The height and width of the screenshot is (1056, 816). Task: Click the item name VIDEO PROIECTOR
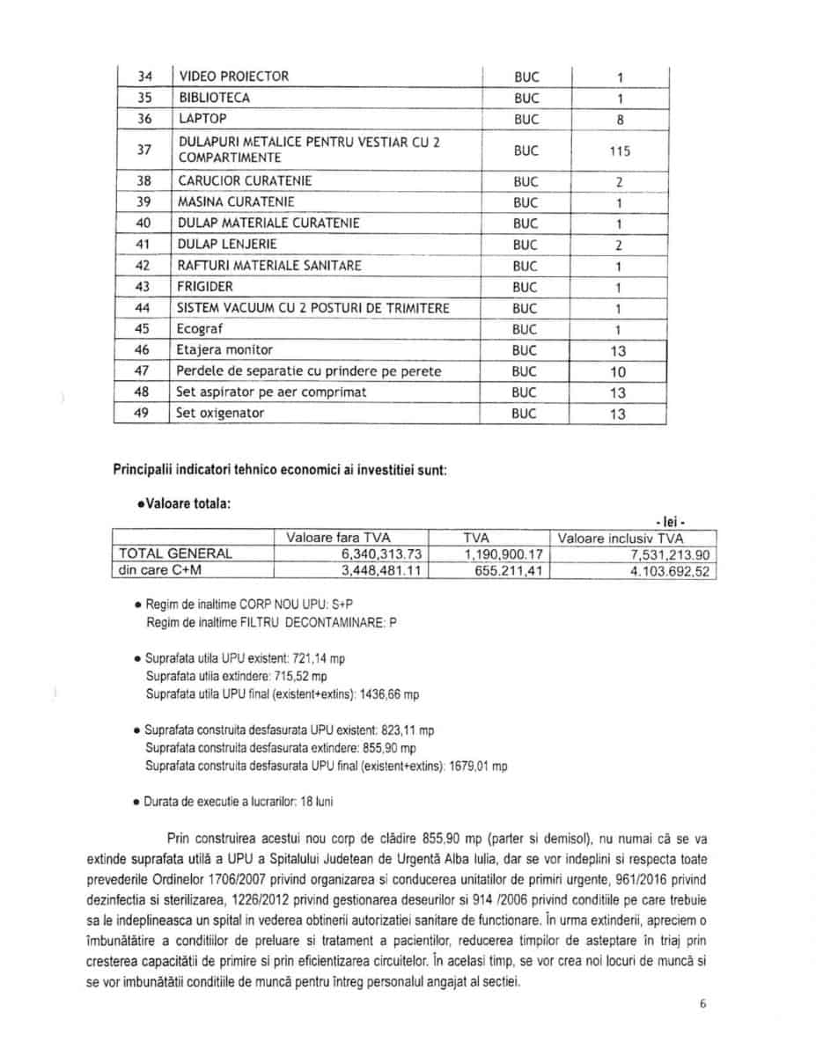click(x=233, y=77)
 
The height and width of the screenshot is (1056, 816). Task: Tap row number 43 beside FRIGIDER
click(x=143, y=287)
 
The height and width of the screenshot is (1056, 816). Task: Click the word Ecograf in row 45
click(x=200, y=329)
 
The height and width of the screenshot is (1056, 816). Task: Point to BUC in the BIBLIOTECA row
click(x=526, y=99)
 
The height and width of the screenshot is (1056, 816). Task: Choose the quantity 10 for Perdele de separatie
click(x=619, y=372)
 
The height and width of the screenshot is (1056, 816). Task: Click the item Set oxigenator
click(x=220, y=413)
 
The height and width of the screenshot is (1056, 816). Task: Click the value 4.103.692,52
click(x=667, y=571)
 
